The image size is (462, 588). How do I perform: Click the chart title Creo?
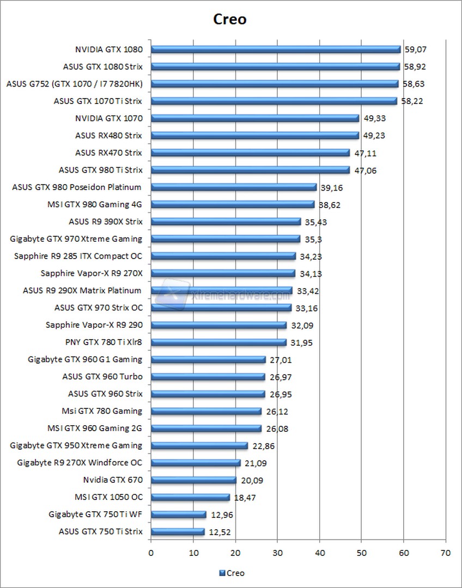click(x=229, y=20)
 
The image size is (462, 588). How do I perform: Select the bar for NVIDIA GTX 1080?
click(x=276, y=49)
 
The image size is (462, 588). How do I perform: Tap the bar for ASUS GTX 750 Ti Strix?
click(x=178, y=531)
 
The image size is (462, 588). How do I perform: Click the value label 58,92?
click(x=415, y=66)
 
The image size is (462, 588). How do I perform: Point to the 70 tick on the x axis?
click(x=446, y=553)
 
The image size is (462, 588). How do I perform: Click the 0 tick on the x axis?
click(x=151, y=553)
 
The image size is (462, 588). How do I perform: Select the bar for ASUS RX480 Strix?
click(x=255, y=135)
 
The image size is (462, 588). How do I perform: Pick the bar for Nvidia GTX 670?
click(x=193, y=480)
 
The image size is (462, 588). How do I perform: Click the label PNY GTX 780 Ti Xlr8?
click(x=103, y=342)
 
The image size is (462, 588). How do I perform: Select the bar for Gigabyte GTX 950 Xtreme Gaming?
click(x=199, y=445)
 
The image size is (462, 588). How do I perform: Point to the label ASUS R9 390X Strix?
click(x=105, y=222)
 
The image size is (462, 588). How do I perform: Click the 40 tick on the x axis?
click(x=319, y=553)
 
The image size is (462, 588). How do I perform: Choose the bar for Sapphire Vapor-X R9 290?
click(x=218, y=325)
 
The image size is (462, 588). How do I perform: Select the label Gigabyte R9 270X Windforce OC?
click(x=80, y=463)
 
